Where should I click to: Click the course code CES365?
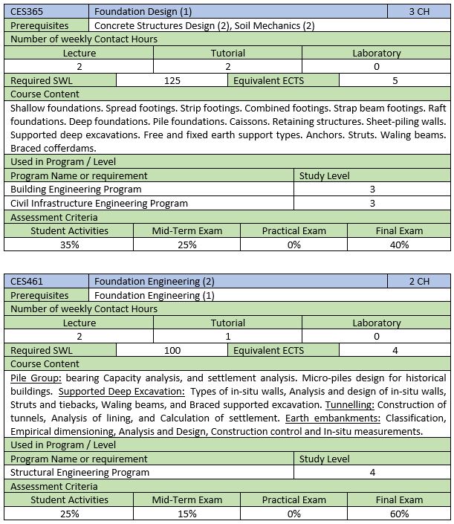pos(27,12)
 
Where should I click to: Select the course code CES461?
pos(27,282)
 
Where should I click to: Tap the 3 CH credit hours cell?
pos(419,12)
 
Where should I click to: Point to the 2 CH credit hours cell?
pos(419,282)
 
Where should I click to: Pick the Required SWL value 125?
pos(172,80)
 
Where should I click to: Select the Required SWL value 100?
pos(172,350)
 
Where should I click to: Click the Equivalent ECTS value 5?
pos(395,80)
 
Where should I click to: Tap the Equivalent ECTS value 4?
pos(395,350)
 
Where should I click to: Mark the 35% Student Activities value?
pos(69,245)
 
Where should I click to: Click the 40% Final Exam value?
pos(399,245)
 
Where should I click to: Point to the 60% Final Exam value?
pos(399,514)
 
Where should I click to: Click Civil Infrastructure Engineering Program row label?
pos(99,203)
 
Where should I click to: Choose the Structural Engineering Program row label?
pos(80,472)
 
